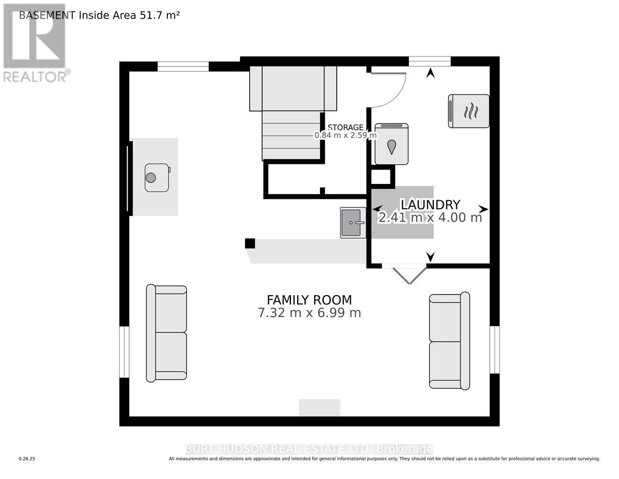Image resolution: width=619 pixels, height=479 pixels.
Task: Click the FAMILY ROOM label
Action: pos(309,300)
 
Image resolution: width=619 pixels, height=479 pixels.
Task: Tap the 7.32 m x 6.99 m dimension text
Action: pos(309,313)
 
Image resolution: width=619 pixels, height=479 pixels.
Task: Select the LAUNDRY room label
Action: pos(430,205)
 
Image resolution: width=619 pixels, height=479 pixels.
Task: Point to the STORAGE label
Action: pos(345,127)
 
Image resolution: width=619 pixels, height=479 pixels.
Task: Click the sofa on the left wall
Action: pos(166,333)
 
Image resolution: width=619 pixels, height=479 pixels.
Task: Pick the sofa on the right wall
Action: pos(450,341)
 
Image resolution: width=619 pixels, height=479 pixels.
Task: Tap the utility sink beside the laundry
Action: pos(353,223)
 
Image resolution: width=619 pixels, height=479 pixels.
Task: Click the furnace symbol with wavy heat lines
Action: pos(469,111)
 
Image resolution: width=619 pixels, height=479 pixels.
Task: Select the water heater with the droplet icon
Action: pos(391,144)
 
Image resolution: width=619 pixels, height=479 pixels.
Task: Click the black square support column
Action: pos(250,243)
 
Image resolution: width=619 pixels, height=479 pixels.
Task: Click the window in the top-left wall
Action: pos(183,67)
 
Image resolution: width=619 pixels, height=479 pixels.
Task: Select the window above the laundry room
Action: pos(430,61)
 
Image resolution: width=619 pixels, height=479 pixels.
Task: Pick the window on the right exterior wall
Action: pos(495,350)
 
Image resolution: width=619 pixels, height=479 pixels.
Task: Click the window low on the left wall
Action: pos(124,352)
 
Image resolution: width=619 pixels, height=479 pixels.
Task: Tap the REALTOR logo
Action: pos(35,43)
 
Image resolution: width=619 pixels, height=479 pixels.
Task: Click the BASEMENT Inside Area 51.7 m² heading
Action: pos(99,15)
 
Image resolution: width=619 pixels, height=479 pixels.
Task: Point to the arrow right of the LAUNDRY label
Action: pos(483,209)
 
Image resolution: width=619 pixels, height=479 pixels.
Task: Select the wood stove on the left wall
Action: pos(157,177)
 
